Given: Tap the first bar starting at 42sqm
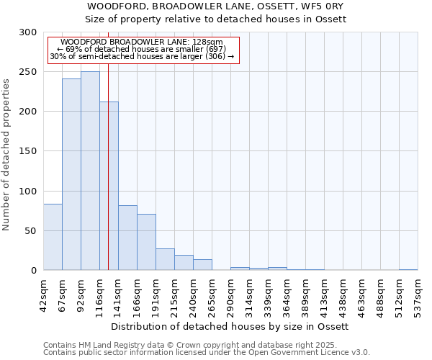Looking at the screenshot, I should click(x=53, y=237).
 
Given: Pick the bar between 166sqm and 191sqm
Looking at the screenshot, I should click(x=146, y=242).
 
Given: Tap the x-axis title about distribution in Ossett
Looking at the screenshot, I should click(x=230, y=327).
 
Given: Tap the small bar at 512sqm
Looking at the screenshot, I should click(x=408, y=269).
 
